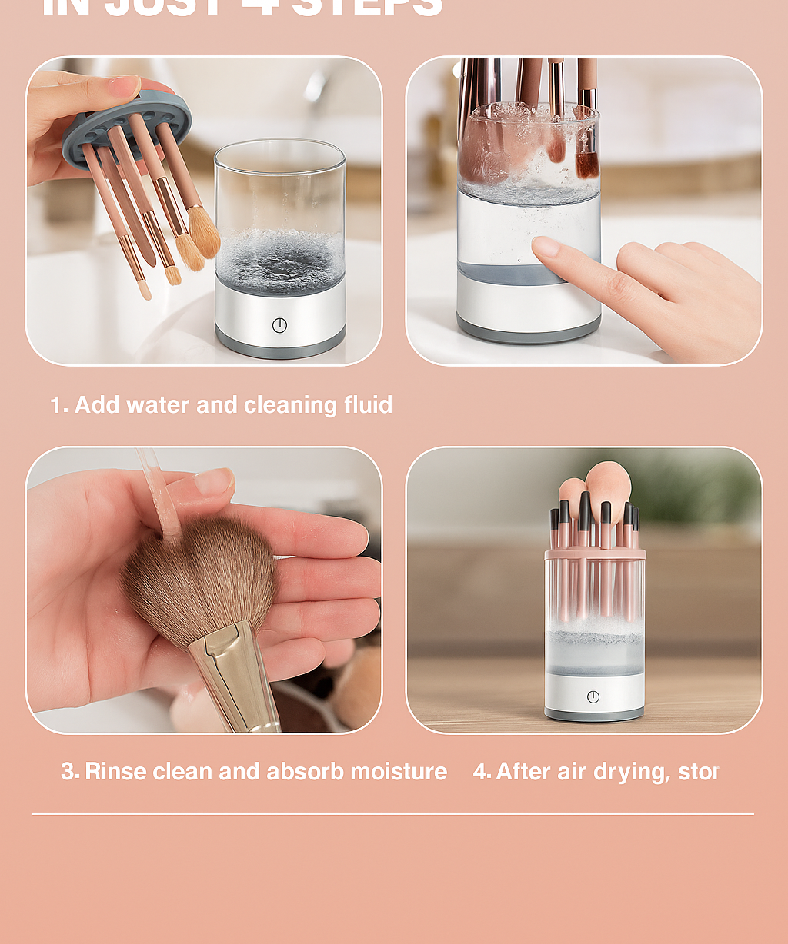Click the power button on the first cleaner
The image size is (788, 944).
tap(279, 325)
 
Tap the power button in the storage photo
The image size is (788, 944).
tap(593, 696)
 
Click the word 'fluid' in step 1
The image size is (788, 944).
tap(368, 405)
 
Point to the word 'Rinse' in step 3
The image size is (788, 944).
tap(115, 771)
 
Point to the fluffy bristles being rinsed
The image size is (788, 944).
tap(200, 577)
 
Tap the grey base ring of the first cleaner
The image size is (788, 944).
tap(280, 351)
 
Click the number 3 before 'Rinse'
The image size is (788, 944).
tap(68, 771)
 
